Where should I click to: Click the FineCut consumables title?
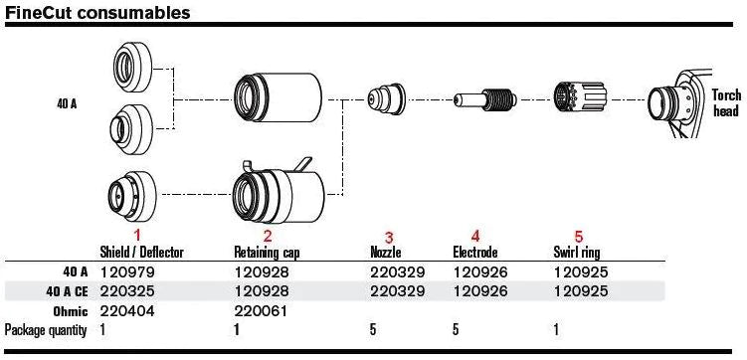[x=96, y=13]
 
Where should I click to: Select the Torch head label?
[x=726, y=101]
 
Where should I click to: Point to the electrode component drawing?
[x=481, y=101]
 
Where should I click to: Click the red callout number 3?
[x=389, y=238]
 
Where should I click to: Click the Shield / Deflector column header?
[x=142, y=253]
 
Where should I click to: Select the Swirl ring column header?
[x=576, y=253]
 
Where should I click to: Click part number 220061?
[x=258, y=311]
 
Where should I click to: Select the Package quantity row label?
[x=45, y=329]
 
